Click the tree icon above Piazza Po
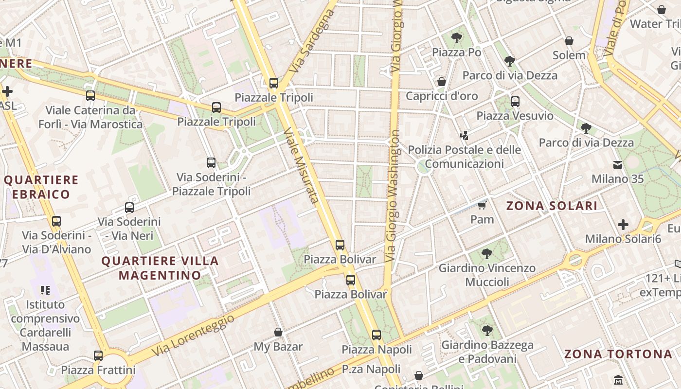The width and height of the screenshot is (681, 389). coord(456,38)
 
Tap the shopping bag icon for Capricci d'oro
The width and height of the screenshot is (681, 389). coord(442,82)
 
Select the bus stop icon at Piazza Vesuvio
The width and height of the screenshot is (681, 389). coord(515,102)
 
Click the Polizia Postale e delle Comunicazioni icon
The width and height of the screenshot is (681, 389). coord(464,135)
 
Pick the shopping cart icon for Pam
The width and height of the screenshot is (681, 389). coord(482,205)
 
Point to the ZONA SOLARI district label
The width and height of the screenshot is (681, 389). coord(552,206)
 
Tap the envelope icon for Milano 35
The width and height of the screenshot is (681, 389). coord(618,164)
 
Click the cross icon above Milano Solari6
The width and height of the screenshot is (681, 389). coord(623,225)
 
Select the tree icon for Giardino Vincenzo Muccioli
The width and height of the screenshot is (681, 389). coord(486,254)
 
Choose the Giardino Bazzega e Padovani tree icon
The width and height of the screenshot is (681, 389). coord(487,331)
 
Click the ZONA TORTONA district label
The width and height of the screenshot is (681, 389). coord(618,354)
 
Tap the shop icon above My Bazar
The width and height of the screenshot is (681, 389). coord(278,332)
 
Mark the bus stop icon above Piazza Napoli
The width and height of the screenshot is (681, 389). coord(376,335)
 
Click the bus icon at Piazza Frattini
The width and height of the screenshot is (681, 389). coord(98,356)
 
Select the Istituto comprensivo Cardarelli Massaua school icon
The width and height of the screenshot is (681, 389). coord(45,290)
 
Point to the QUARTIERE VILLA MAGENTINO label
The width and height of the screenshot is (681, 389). coord(160,268)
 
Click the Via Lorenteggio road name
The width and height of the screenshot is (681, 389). coord(193,335)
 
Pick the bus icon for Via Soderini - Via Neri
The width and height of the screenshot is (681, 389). coord(129,208)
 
